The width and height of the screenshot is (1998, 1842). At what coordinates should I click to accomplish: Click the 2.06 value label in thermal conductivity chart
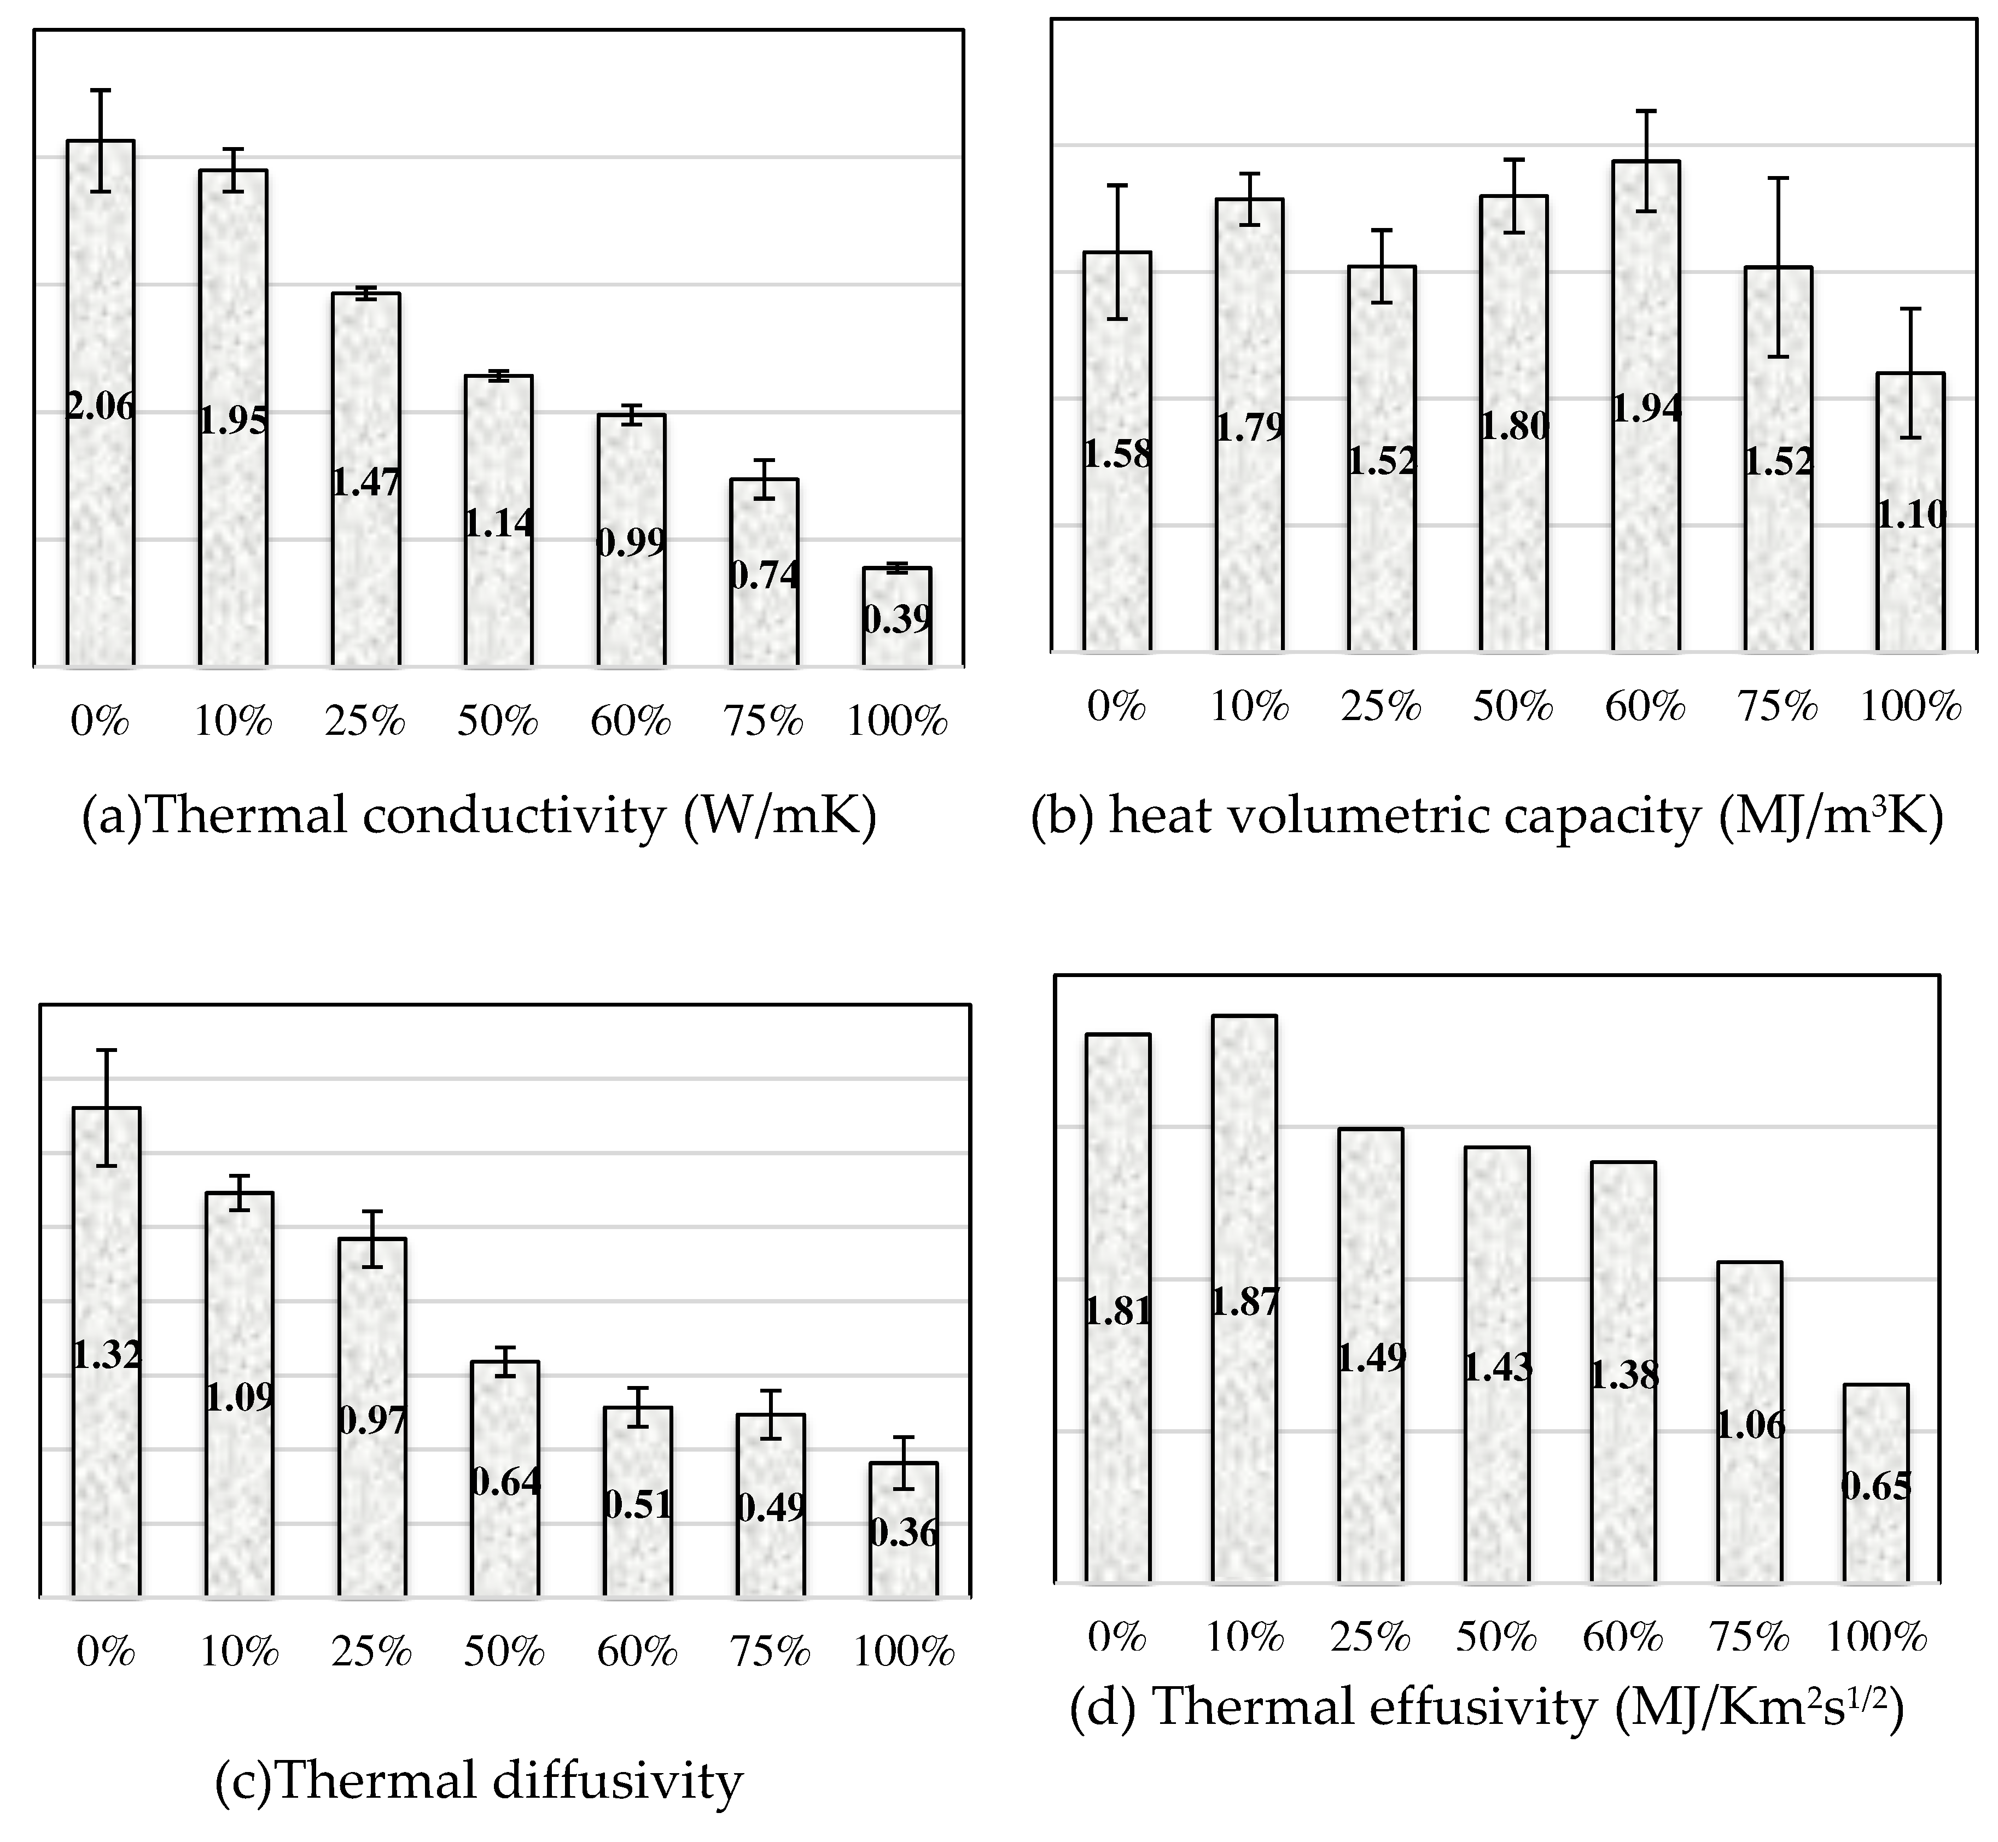click(100, 407)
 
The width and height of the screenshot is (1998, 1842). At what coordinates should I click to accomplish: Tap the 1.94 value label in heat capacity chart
click(1646, 408)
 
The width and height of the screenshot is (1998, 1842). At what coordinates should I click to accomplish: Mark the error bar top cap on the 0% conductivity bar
click(100, 90)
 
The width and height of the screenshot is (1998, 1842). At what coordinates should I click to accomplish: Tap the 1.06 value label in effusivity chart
click(1750, 1425)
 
